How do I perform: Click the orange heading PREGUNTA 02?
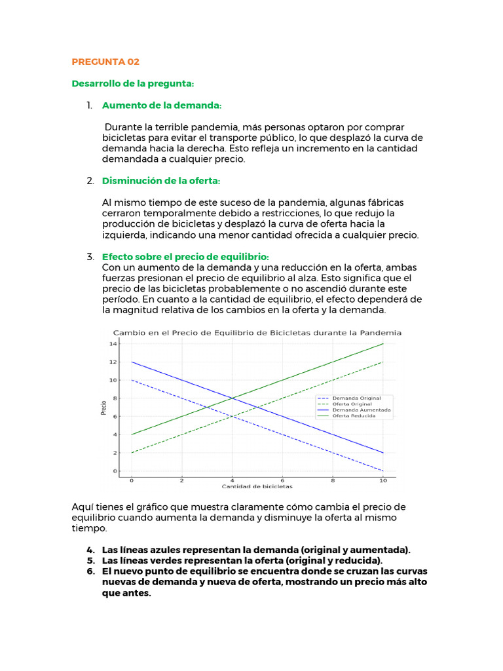[x=105, y=62]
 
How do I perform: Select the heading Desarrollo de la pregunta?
[x=133, y=84]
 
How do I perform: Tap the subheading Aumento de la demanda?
[x=162, y=105]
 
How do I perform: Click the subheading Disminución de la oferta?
[x=161, y=180]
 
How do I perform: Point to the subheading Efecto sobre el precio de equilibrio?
[x=185, y=256]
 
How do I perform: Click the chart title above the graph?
[x=257, y=333]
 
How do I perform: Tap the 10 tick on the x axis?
[x=383, y=480]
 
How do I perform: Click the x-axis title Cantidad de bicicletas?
[x=257, y=487]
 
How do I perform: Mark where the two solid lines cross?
[x=232, y=398]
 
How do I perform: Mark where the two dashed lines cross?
[x=232, y=416]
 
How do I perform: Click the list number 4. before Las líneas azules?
[x=90, y=549]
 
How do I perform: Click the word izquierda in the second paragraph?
[x=123, y=235]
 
